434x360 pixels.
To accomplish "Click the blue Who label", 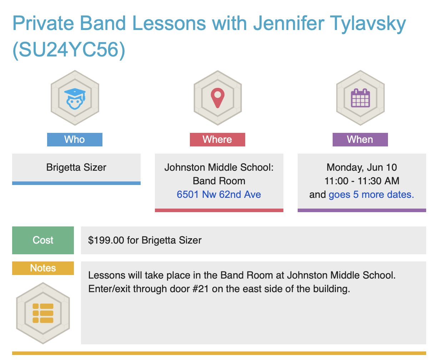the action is [x=75, y=140].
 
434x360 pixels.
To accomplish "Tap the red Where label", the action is [x=217, y=140].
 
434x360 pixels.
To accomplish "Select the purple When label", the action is [x=360, y=140].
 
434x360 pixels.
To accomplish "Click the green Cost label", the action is [x=43, y=240].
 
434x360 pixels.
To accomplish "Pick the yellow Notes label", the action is [x=43, y=268].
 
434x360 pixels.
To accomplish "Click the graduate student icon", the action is [x=75, y=99].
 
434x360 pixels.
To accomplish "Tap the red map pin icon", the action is [x=218, y=98].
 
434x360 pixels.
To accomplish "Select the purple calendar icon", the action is [x=360, y=98].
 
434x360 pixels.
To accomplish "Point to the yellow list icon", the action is [x=43, y=313].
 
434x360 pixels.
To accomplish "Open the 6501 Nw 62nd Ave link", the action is [x=219, y=194].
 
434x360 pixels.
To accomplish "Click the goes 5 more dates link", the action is [x=372, y=195].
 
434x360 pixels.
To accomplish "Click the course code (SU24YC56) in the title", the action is [x=69, y=50].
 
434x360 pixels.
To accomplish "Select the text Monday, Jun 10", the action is [x=362, y=167].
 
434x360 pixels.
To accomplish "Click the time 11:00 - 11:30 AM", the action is [x=362, y=181].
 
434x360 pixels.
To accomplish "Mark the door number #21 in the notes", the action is [x=201, y=289].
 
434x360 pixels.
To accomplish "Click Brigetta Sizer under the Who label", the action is [x=76, y=167].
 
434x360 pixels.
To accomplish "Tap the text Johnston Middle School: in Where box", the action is [x=219, y=167].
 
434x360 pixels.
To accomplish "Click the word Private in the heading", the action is [x=43, y=23].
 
